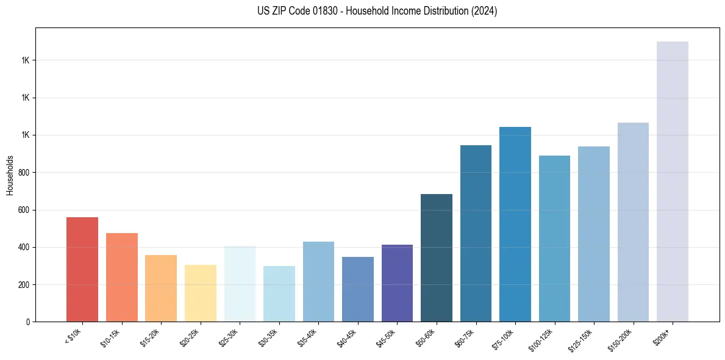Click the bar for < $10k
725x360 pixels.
click(x=82, y=269)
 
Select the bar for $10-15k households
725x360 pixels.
click(x=121, y=277)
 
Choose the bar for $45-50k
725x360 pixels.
click(x=397, y=283)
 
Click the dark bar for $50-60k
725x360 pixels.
click(x=437, y=257)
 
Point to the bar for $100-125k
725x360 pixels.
click(x=554, y=239)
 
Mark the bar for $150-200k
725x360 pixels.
click(x=633, y=222)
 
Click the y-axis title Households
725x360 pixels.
click(x=10, y=175)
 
